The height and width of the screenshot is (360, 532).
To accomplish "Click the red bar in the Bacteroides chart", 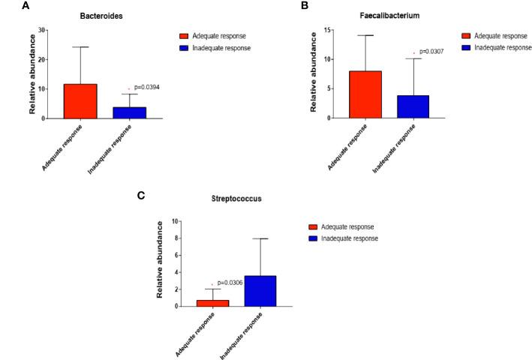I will tap(80, 101).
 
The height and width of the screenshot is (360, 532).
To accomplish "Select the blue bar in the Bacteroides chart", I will tap(130, 112).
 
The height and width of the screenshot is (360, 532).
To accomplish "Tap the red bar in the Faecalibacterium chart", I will tap(365, 94).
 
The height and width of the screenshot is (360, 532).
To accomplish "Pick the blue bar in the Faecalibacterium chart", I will tap(413, 106).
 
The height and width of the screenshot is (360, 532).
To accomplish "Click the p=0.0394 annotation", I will tap(147, 88).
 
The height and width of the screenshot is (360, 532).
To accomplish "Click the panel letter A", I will tap(5, 5).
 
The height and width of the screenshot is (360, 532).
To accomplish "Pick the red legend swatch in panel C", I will tap(316, 226).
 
